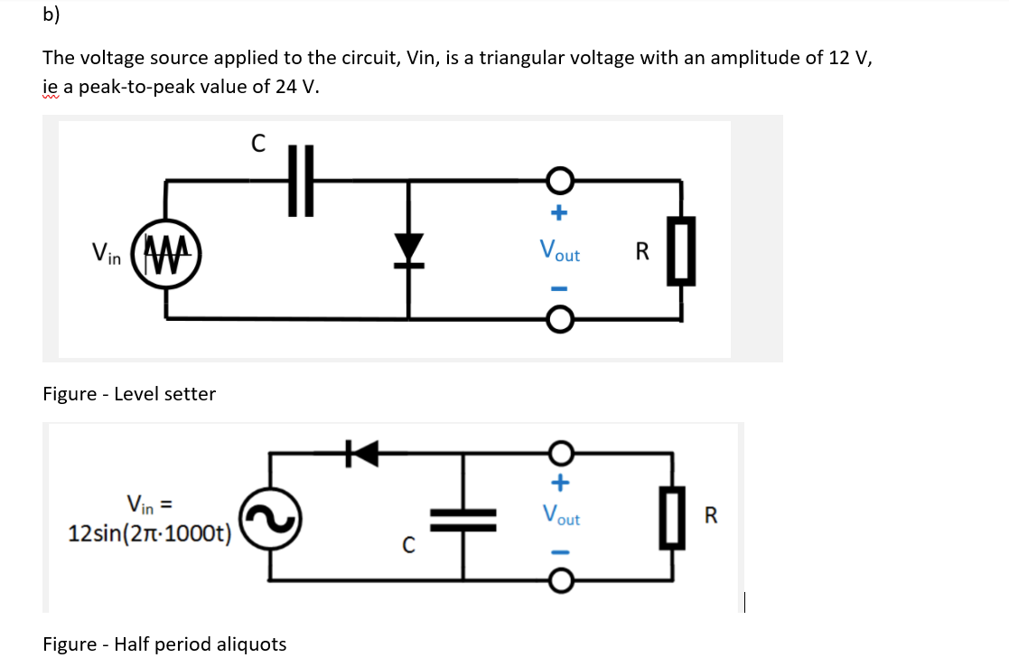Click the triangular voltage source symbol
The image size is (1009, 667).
[x=165, y=249]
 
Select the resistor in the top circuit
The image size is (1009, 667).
[x=682, y=250]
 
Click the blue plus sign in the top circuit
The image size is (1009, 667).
[x=559, y=214]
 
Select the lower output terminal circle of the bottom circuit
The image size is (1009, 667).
[x=560, y=583]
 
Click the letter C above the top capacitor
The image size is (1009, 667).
[x=257, y=143]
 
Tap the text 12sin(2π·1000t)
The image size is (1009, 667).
[x=150, y=532]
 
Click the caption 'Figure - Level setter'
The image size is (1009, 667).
[x=129, y=394]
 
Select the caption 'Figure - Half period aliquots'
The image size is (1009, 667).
[x=164, y=644]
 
